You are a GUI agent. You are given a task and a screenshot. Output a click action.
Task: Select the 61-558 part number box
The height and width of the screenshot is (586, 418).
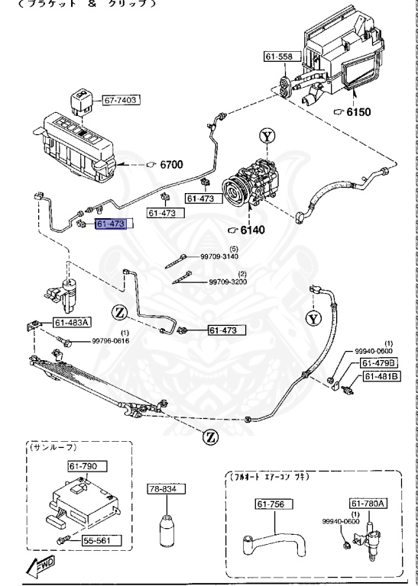pos(279,56)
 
